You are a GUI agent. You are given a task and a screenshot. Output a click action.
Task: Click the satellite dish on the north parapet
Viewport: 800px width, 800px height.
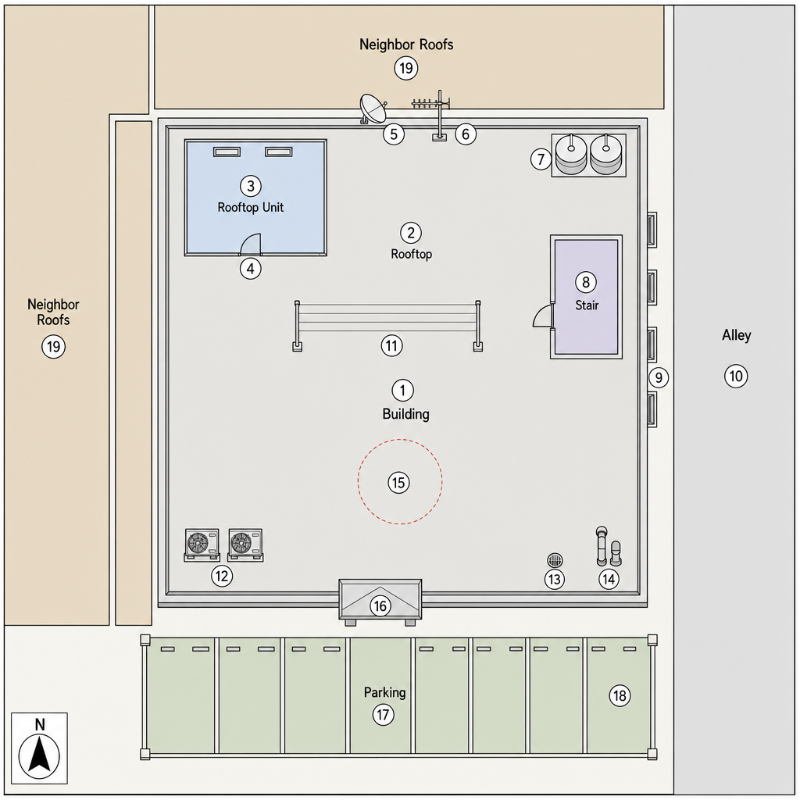[x=373, y=109]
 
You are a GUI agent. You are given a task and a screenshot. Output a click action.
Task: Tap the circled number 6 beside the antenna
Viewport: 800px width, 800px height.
[x=466, y=134]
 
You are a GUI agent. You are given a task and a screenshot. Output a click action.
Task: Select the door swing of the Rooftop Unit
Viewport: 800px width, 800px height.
[x=250, y=244]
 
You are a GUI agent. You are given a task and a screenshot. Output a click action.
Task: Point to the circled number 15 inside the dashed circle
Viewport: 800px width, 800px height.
[x=398, y=483]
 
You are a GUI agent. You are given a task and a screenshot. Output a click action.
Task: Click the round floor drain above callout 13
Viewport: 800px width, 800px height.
[x=555, y=560]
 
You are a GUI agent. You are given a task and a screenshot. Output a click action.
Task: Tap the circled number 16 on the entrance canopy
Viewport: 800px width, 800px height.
[x=380, y=605]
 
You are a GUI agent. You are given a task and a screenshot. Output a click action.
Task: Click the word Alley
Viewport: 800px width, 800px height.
[x=736, y=335]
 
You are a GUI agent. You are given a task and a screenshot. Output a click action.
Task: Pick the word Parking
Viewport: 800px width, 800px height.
[x=384, y=692]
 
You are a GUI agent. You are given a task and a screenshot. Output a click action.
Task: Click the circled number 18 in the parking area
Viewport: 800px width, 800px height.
[x=620, y=695]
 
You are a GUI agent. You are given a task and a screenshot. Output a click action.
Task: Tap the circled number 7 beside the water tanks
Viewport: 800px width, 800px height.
[x=541, y=159]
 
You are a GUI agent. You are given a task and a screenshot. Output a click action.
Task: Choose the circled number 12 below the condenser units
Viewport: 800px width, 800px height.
[x=221, y=576]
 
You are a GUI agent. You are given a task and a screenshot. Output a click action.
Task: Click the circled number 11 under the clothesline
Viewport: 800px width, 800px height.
[x=391, y=346]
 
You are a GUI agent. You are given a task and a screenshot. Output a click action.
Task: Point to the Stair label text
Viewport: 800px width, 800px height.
[x=587, y=305]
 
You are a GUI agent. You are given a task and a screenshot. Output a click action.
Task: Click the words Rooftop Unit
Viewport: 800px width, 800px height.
[x=251, y=207]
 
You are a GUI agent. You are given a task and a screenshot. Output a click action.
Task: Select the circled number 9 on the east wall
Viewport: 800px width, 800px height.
[x=659, y=377]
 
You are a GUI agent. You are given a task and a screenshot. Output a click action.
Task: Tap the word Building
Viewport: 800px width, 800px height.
[x=405, y=414]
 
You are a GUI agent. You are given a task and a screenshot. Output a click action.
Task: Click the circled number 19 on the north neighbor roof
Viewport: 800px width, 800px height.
[x=406, y=68]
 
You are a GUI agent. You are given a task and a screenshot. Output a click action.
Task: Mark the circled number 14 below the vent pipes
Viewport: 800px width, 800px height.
[x=609, y=579]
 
